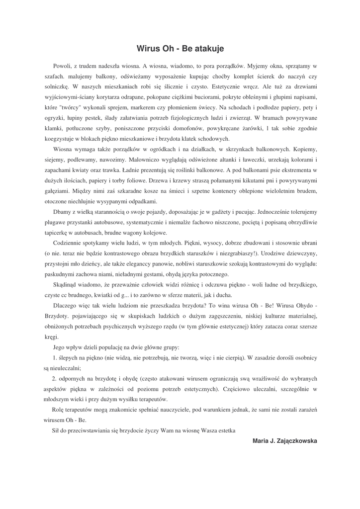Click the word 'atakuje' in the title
[x=208, y=49]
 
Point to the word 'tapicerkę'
[x=57, y=233]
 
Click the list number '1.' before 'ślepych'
[x=55, y=358]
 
